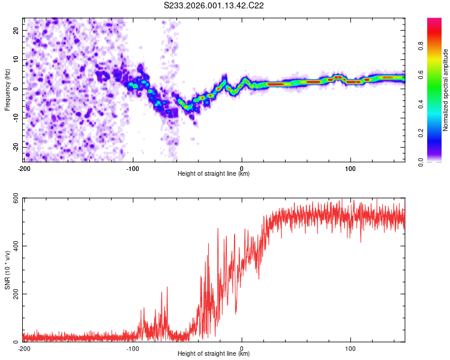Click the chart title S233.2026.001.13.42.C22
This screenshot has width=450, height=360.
point(214,5)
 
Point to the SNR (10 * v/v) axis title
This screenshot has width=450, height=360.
point(7,271)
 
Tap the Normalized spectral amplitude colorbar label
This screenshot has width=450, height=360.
point(446,90)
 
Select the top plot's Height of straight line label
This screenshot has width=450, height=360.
point(214,173)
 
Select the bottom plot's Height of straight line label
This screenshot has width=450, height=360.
point(214,353)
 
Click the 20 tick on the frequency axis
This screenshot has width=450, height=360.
point(16,30)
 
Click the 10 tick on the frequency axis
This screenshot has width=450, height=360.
point(16,59)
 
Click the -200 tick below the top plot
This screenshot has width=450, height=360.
point(24,167)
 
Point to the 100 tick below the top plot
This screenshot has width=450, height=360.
point(350,167)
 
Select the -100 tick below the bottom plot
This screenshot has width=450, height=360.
point(133,347)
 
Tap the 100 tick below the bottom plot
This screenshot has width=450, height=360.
point(350,347)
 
